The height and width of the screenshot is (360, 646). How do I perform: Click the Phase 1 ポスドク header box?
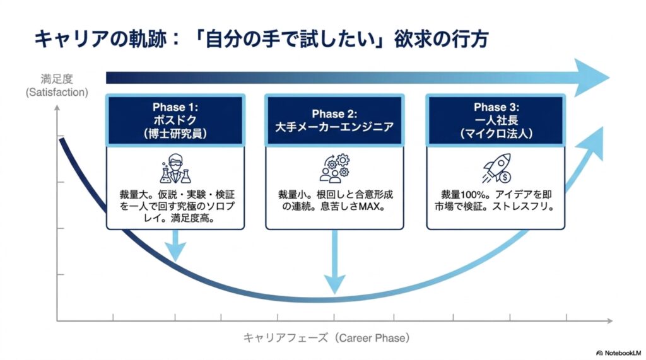[175, 120]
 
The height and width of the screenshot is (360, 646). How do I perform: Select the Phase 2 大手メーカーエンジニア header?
[334, 120]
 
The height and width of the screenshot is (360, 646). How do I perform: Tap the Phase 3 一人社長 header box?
[496, 120]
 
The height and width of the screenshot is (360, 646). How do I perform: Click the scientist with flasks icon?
[175, 169]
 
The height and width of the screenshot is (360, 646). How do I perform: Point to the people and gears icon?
[334, 169]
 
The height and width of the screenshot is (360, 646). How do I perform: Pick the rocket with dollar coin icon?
[497, 168]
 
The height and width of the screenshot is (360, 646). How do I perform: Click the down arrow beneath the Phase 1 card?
[175, 246]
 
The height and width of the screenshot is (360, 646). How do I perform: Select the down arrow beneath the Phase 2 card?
[334, 262]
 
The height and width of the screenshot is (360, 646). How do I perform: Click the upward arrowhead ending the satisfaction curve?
[592, 142]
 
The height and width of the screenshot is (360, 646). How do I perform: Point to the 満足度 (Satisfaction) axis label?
[57, 86]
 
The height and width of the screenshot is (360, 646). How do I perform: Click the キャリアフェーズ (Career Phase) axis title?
[326, 338]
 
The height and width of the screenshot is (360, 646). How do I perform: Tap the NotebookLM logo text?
[619, 353]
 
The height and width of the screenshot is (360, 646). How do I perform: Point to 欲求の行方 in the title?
[441, 40]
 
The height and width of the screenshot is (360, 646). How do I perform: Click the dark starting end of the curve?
[62, 141]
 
